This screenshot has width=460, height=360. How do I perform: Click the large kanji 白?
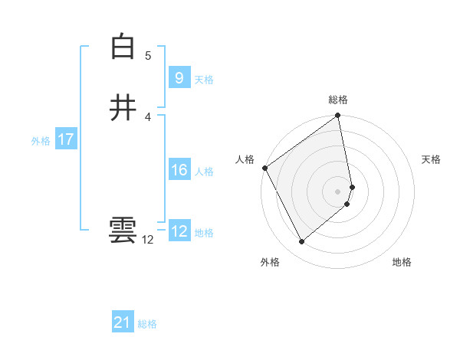[x=123, y=47]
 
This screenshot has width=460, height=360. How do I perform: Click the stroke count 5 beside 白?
[x=148, y=55]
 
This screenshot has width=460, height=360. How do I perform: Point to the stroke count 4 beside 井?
[x=148, y=116]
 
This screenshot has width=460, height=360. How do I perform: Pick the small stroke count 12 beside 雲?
[x=148, y=240]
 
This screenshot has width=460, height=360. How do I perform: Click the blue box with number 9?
[x=179, y=77]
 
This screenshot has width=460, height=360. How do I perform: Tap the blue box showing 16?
[x=179, y=170]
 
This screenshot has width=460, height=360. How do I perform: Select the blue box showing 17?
[x=65, y=139]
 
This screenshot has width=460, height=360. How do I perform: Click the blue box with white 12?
[x=179, y=231]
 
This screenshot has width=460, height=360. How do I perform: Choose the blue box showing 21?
[x=123, y=322]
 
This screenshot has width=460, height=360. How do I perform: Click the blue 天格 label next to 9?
[x=204, y=80]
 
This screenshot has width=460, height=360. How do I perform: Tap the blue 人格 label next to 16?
[x=204, y=172]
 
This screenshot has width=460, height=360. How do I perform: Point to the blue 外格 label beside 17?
[x=41, y=141]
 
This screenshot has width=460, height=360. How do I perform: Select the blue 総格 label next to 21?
[x=147, y=324]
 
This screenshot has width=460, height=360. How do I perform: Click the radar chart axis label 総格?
[x=338, y=100]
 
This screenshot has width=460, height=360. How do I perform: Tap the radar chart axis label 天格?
[x=432, y=159]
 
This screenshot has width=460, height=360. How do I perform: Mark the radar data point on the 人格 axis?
[x=264, y=168]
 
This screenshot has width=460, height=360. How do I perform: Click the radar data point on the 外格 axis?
[x=301, y=242]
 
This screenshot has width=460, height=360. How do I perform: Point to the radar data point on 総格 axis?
[x=338, y=117]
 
